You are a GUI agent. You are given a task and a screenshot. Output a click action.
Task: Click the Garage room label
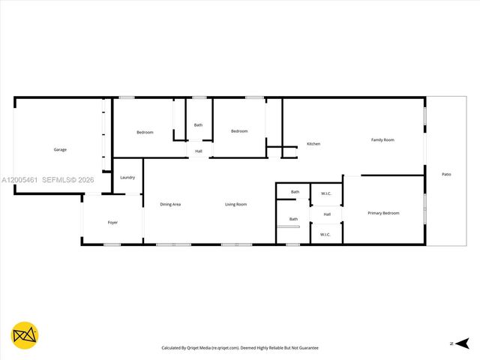60,149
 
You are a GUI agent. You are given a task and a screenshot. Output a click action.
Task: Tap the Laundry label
127,177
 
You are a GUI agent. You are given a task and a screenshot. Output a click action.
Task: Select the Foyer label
112,222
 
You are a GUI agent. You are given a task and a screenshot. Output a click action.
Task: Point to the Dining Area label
170,204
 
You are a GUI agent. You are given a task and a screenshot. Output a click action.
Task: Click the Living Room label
236,204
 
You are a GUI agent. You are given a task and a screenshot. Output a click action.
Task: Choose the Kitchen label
313,143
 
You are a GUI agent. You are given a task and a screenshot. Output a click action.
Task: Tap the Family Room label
382,139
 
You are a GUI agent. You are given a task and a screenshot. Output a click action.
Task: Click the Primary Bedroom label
383,213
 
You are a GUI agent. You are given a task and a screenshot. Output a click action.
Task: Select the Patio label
446,174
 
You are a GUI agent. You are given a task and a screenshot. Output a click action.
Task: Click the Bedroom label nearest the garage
145,132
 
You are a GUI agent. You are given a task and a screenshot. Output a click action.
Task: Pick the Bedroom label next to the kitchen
239,131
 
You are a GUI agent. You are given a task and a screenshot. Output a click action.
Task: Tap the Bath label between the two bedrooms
198,124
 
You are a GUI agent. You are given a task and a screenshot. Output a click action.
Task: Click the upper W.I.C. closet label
326,193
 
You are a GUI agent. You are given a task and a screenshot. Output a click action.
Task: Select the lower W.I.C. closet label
325,234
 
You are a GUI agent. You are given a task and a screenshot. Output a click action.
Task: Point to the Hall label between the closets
327,214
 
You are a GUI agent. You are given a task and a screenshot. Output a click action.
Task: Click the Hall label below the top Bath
199,151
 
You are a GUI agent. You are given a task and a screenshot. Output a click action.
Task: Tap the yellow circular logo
25,334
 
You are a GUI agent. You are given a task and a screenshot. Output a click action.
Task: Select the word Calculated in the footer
175,348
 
